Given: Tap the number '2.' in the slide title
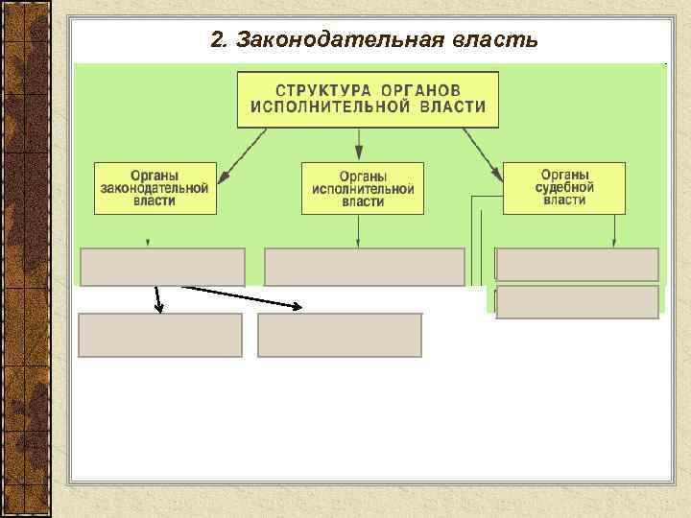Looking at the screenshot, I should coord(219,40).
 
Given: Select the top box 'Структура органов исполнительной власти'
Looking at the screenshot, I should coord(368,99).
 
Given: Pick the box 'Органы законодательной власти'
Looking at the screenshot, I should coord(155,188).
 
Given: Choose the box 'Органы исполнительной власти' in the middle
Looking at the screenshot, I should coord(362,188).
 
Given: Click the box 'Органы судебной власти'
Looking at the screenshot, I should coord(564,187).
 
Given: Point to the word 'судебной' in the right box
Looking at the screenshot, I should coord(564,187).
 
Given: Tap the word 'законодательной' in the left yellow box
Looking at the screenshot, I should coord(155,189).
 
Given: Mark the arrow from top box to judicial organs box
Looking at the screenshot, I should coord(483,153).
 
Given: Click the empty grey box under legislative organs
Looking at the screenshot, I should coord(162,267).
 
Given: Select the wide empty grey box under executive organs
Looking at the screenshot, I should coord(364,267).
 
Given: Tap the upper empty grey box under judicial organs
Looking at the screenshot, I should coord(577,264).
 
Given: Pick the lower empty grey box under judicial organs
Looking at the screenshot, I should coord(577,301).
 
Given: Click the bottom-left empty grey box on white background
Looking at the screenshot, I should coord(159,335).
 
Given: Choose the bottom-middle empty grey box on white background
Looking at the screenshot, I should coord(340,335).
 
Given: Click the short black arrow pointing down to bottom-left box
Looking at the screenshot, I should coord(156,299).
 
